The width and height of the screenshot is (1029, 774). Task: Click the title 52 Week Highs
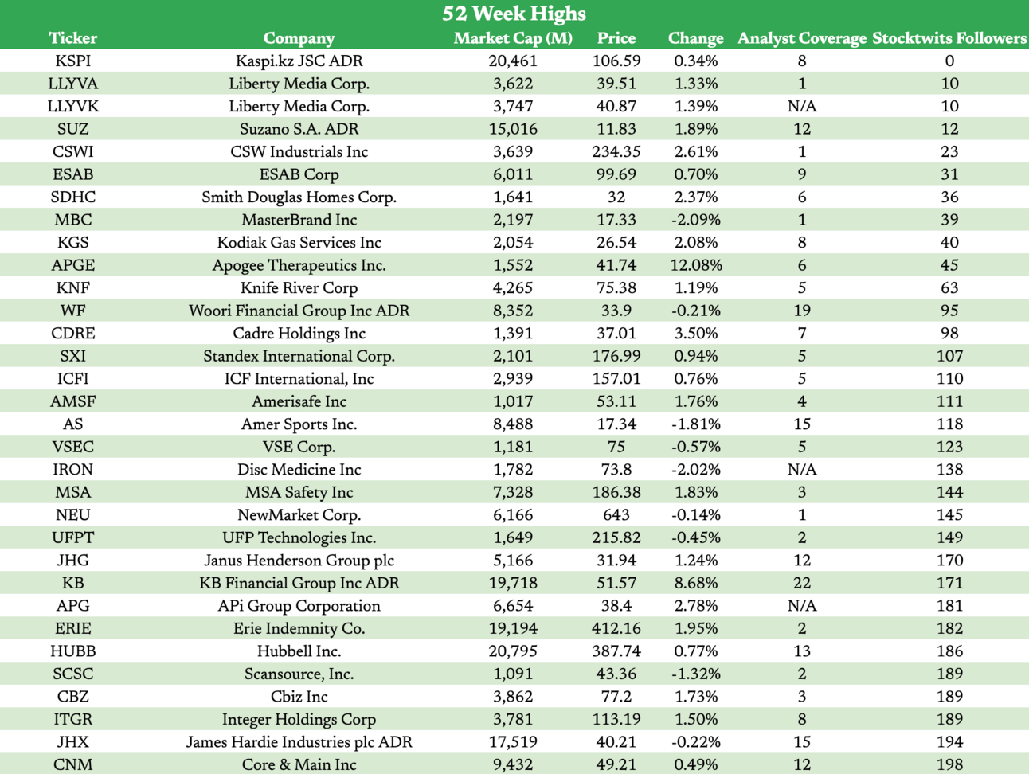(514, 14)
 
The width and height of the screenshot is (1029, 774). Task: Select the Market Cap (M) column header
(513, 38)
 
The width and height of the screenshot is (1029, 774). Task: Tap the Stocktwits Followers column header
(949, 38)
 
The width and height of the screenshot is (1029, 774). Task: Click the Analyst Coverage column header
(801, 38)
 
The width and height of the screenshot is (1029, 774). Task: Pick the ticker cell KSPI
(72, 61)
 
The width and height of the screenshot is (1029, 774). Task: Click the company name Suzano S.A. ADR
(299, 129)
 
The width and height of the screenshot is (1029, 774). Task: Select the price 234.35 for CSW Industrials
(616, 152)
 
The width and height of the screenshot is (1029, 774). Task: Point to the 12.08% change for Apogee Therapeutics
(695, 265)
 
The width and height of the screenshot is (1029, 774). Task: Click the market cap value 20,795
(513, 651)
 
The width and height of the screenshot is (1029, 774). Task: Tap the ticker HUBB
(72, 651)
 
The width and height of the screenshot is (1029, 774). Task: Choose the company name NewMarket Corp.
(299, 515)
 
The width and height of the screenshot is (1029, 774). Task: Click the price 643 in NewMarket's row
(616, 515)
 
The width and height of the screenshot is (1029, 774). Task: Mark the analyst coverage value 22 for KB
(801, 584)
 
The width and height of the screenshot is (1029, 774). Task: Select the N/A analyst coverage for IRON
(801, 470)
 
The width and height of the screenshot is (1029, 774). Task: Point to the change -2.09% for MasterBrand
(695, 220)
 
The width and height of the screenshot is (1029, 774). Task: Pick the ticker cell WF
(72, 311)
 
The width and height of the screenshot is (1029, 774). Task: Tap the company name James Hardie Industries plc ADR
(299, 742)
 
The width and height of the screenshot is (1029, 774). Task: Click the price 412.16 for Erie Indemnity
(616, 629)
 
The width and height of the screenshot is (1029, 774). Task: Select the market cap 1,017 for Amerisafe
(513, 402)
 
